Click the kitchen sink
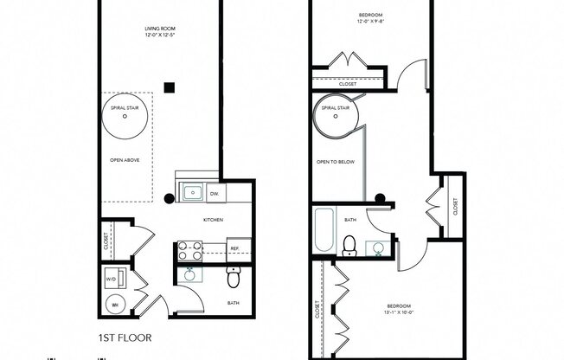click(190, 192)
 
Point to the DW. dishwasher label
click(214, 193)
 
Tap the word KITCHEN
click(213, 220)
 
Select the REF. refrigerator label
click(234, 249)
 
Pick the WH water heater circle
click(113, 304)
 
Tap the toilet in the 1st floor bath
click(233, 278)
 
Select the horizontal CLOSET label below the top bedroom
click(348, 83)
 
